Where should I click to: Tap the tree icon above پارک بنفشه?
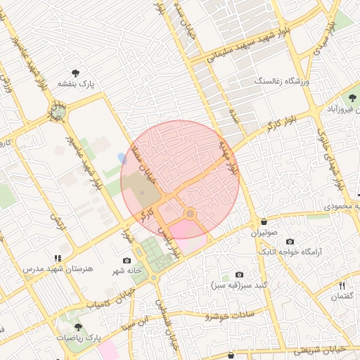point(75,72)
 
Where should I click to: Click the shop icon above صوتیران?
point(263,220)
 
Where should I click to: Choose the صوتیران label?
point(265,231)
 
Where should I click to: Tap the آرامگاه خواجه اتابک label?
point(290,251)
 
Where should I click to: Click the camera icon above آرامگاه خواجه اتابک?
point(290,241)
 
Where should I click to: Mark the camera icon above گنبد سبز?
point(239,274)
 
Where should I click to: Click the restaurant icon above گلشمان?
point(342,285)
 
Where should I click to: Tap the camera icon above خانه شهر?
point(127,260)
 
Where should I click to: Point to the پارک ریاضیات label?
point(78,338)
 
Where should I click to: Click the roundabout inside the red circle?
point(190,213)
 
